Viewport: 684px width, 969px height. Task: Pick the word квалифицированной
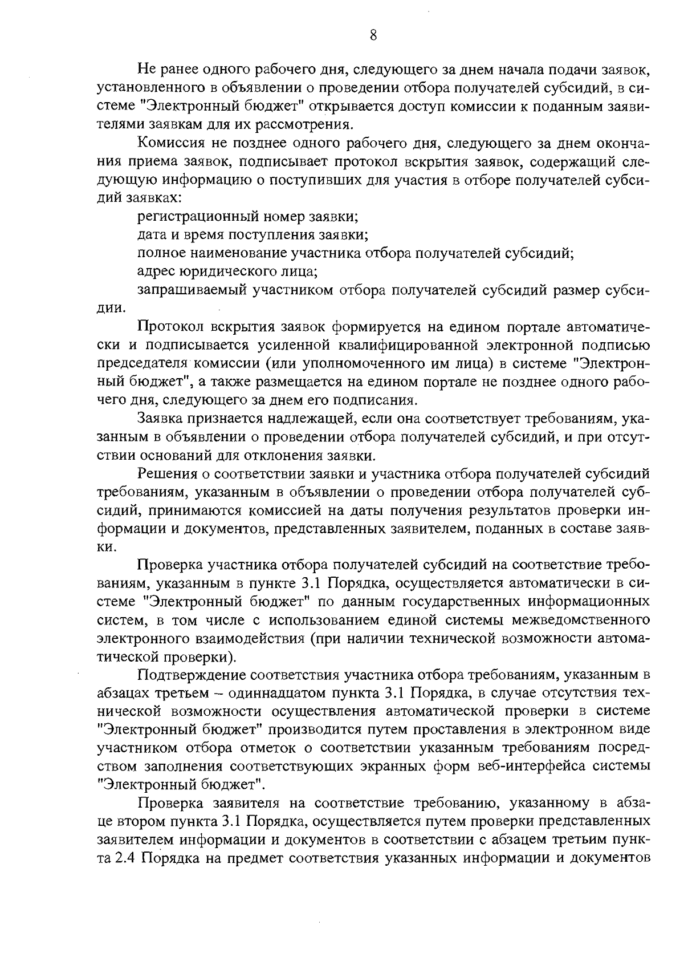[419, 345]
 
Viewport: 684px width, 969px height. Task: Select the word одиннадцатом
[279, 694]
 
